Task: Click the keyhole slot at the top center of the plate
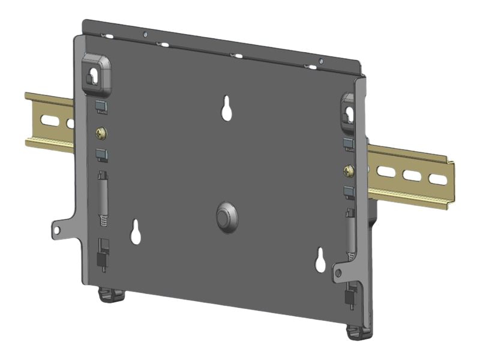[x=227, y=108]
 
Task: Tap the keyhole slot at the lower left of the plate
[x=136, y=232]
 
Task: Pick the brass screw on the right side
[x=348, y=172]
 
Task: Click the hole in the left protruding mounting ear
[x=58, y=229]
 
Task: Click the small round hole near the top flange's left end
[x=145, y=35]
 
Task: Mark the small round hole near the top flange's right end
[x=320, y=61]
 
